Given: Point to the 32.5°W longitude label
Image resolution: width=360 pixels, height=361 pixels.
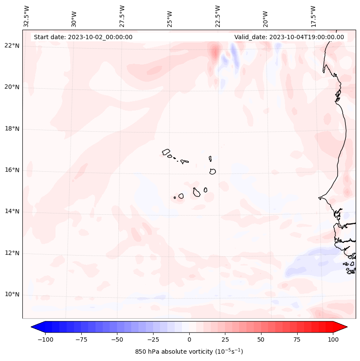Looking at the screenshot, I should pyautogui.click(x=27, y=16).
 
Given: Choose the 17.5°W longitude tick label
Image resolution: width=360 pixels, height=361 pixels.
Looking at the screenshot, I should pyautogui.click(x=313, y=16).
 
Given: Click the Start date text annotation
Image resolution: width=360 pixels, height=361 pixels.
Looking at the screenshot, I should pyautogui.click(x=83, y=37).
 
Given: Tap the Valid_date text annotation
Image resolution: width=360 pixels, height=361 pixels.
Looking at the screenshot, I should pyautogui.click(x=289, y=37).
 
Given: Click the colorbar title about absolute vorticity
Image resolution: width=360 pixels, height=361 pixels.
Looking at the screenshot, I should pyautogui.click(x=189, y=352).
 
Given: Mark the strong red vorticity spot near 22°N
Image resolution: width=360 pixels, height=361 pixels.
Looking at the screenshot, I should pyautogui.click(x=215, y=52).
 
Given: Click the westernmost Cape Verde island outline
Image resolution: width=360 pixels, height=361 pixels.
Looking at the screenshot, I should pyautogui.click(x=166, y=152).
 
